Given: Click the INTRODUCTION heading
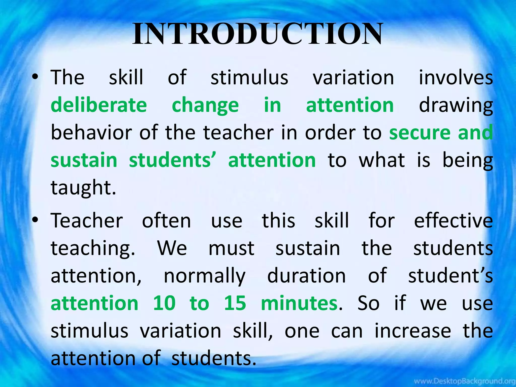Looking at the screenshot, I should click(257, 34).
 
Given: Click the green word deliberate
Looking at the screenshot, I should click(99, 105).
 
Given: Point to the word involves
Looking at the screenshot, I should click(456, 77).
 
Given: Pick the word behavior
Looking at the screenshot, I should click(91, 133).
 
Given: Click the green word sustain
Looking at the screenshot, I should click(84, 160).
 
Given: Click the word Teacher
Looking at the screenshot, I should click(87, 220).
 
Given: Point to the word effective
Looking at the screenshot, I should click(453, 220).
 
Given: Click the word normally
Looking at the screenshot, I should click(204, 276).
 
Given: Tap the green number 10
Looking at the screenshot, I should click(164, 303).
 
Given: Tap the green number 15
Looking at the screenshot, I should click(235, 303).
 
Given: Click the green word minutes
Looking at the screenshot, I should click(299, 303).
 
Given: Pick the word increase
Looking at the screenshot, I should click(412, 331).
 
